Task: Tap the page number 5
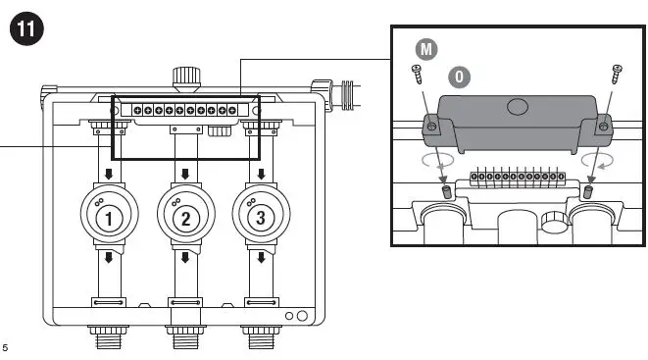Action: (6, 347)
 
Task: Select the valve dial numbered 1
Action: (111, 216)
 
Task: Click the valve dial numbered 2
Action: (185, 216)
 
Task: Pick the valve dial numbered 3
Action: (260, 216)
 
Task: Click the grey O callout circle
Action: (458, 77)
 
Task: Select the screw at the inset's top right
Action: (617, 73)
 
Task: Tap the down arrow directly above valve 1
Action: (111, 174)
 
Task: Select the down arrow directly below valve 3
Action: (260, 258)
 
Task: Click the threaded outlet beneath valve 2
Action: (185, 338)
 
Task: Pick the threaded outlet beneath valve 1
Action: (111, 338)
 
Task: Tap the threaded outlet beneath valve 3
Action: (260, 338)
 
